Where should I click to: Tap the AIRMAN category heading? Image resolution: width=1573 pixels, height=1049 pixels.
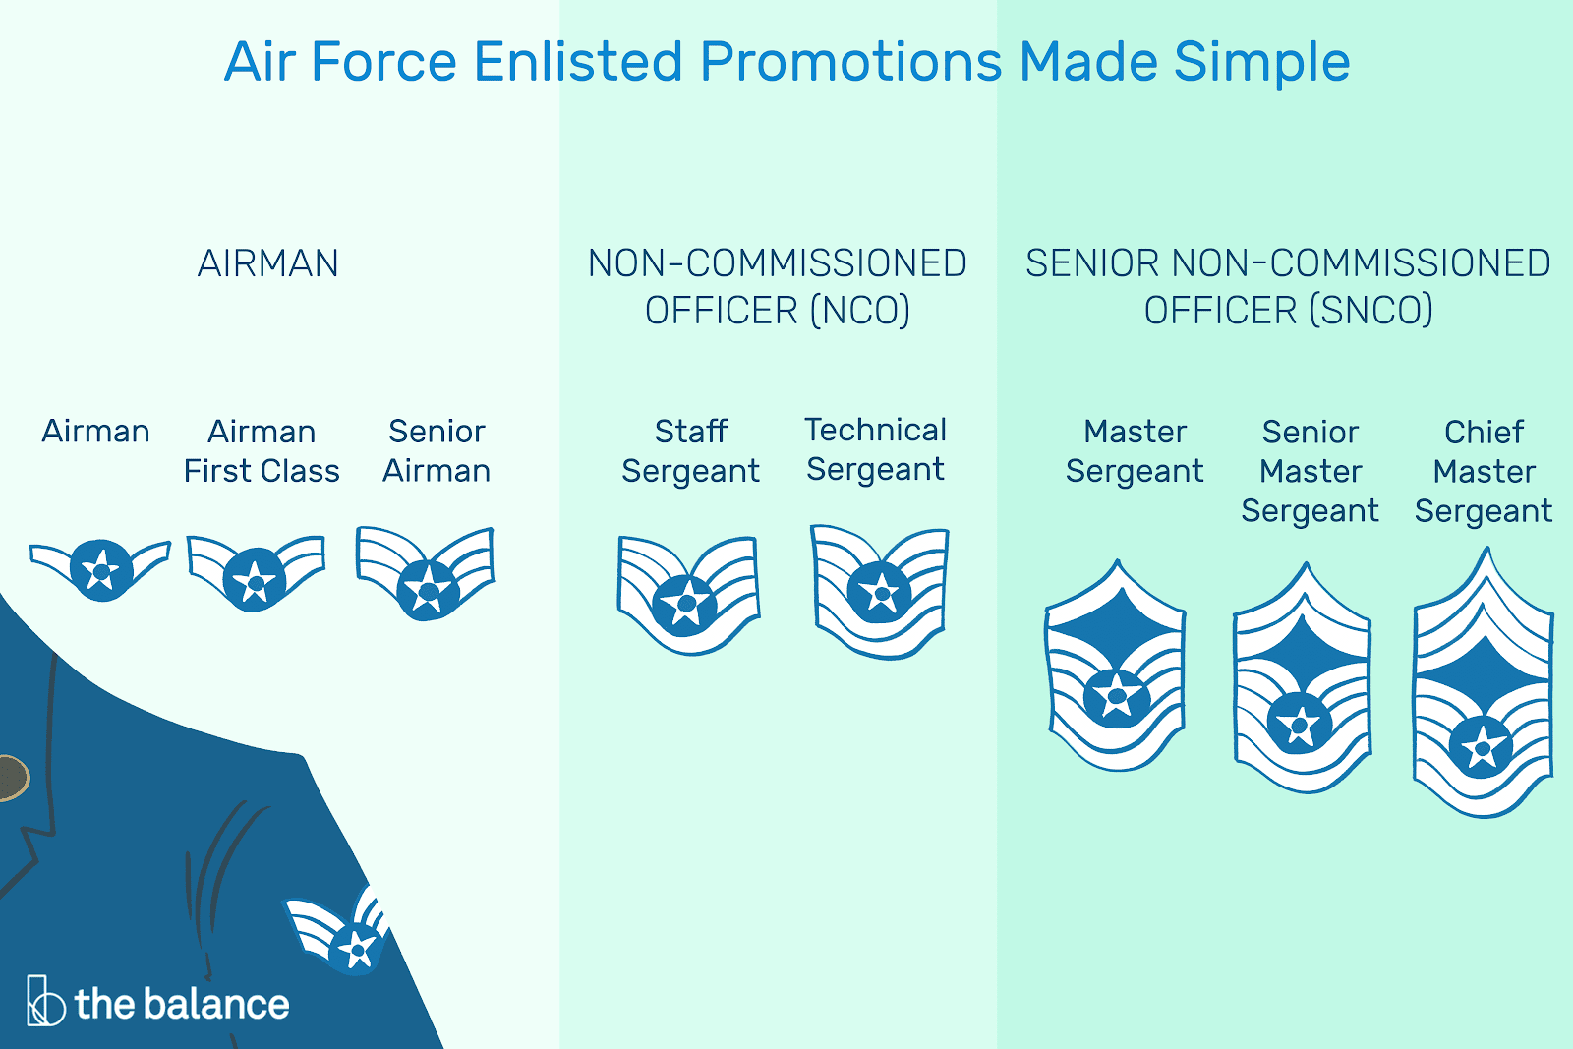(x=268, y=263)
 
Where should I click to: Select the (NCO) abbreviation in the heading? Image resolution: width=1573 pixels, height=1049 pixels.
(x=859, y=311)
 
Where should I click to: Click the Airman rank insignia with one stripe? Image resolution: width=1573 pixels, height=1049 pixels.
(x=100, y=569)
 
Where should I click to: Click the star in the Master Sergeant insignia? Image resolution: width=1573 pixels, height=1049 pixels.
(x=1116, y=697)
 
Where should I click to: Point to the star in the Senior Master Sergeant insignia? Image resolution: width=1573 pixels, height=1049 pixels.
(x=1299, y=724)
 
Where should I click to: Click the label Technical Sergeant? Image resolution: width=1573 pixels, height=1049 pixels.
(x=876, y=450)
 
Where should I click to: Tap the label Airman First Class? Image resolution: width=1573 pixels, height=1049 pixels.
(x=262, y=451)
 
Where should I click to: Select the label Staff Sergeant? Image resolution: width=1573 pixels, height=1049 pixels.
(x=690, y=451)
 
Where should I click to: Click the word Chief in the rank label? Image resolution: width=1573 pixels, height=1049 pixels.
(x=1484, y=432)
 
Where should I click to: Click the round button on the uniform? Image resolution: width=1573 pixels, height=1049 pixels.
(x=13, y=778)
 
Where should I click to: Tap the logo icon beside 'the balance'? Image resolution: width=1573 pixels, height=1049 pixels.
(x=45, y=1001)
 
